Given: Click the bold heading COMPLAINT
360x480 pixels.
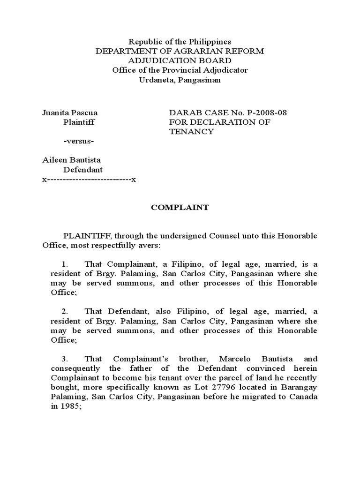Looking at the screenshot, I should (180, 208).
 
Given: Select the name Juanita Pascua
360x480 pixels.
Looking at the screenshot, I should (70, 112).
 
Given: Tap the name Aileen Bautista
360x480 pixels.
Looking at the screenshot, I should (72, 160).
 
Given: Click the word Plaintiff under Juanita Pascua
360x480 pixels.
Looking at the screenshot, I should (79, 122).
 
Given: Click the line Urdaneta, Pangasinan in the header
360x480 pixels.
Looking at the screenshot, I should (180, 80).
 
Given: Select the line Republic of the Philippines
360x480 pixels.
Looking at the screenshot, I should (180, 42).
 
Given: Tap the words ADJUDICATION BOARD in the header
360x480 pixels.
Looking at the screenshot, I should (180, 60).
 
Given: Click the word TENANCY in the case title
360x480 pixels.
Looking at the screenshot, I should (191, 131).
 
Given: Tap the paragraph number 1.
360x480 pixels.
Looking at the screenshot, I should (65, 264).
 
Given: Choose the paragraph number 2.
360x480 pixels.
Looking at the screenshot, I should (65, 311).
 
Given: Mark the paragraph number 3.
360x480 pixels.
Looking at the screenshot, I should (65, 359).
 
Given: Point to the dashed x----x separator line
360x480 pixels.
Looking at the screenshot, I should (89, 180).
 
